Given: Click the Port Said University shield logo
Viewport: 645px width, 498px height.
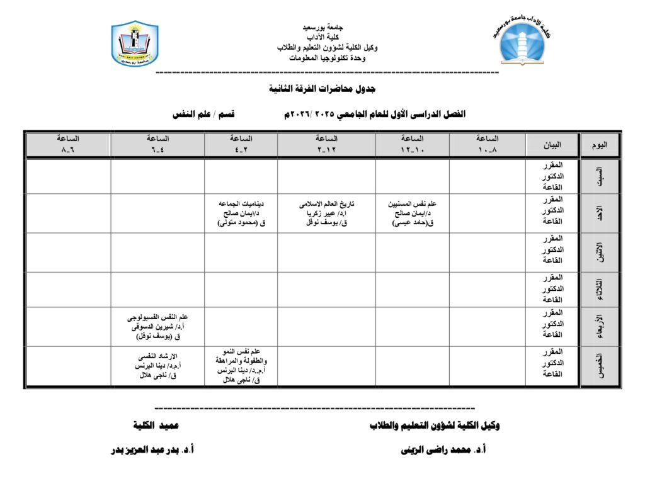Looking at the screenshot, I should click(x=134, y=44).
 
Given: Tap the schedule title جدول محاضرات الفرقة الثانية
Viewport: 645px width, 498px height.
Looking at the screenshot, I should click(x=322, y=89).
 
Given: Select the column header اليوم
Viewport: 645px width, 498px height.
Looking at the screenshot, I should click(x=600, y=144).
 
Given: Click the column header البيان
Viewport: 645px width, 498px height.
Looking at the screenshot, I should click(x=552, y=144).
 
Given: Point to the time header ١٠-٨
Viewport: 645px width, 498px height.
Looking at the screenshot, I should click(x=488, y=144).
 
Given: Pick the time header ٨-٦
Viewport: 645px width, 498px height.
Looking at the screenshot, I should click(x=68, y=144).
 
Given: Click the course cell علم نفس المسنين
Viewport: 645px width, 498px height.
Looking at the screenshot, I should click(x=413, y=213).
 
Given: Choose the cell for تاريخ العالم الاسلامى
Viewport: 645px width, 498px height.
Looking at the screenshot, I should click(x=326, y=213).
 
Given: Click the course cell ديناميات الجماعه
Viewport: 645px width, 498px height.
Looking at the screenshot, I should click(x=241, y=213).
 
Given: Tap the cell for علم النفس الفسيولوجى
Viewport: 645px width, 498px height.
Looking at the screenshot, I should click(x=157, y=327).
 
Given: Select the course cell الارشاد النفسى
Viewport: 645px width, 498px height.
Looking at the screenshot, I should click(x=157, y=366).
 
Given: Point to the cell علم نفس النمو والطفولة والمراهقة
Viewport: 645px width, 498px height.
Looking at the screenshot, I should click(x=241, y=366).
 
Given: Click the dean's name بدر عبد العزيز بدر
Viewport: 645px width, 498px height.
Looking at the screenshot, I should click(x=152, y=450).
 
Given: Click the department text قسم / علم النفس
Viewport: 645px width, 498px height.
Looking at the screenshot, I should click(x=203, y=115).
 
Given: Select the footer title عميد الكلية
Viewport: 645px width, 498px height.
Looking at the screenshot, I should click(x=156, y=426).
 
